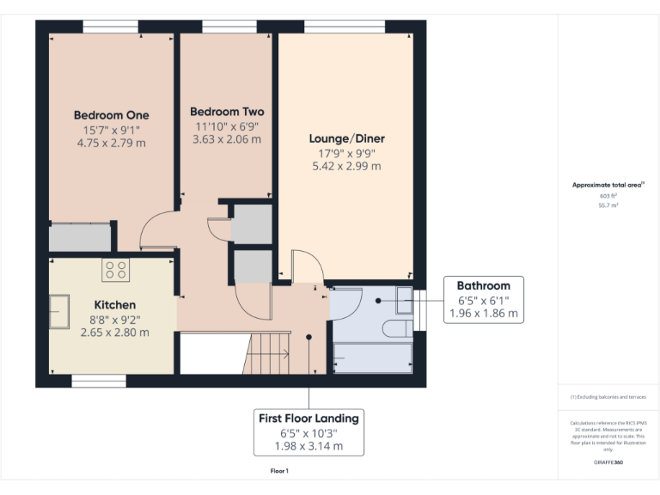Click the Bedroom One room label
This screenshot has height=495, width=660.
point(111,115)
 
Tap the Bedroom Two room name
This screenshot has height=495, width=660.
point(227,112)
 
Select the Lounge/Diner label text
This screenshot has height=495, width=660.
point(346,138)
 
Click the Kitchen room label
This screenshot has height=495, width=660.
point(114,304)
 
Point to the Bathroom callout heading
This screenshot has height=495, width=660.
point(483,285)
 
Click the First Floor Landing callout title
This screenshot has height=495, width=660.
point(309,418)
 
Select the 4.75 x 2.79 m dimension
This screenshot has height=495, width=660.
point(111,143)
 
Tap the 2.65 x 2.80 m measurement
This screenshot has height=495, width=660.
point(114,332)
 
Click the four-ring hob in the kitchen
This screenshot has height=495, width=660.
point(115,270)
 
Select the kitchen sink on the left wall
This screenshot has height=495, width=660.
point(59,311)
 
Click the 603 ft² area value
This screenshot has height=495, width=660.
point(608,196)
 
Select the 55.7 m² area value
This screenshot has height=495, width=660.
point(608,206)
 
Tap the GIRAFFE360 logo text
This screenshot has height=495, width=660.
point(608,462)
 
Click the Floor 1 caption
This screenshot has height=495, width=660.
point(279,471)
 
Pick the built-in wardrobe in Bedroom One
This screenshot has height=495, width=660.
point(81,237)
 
